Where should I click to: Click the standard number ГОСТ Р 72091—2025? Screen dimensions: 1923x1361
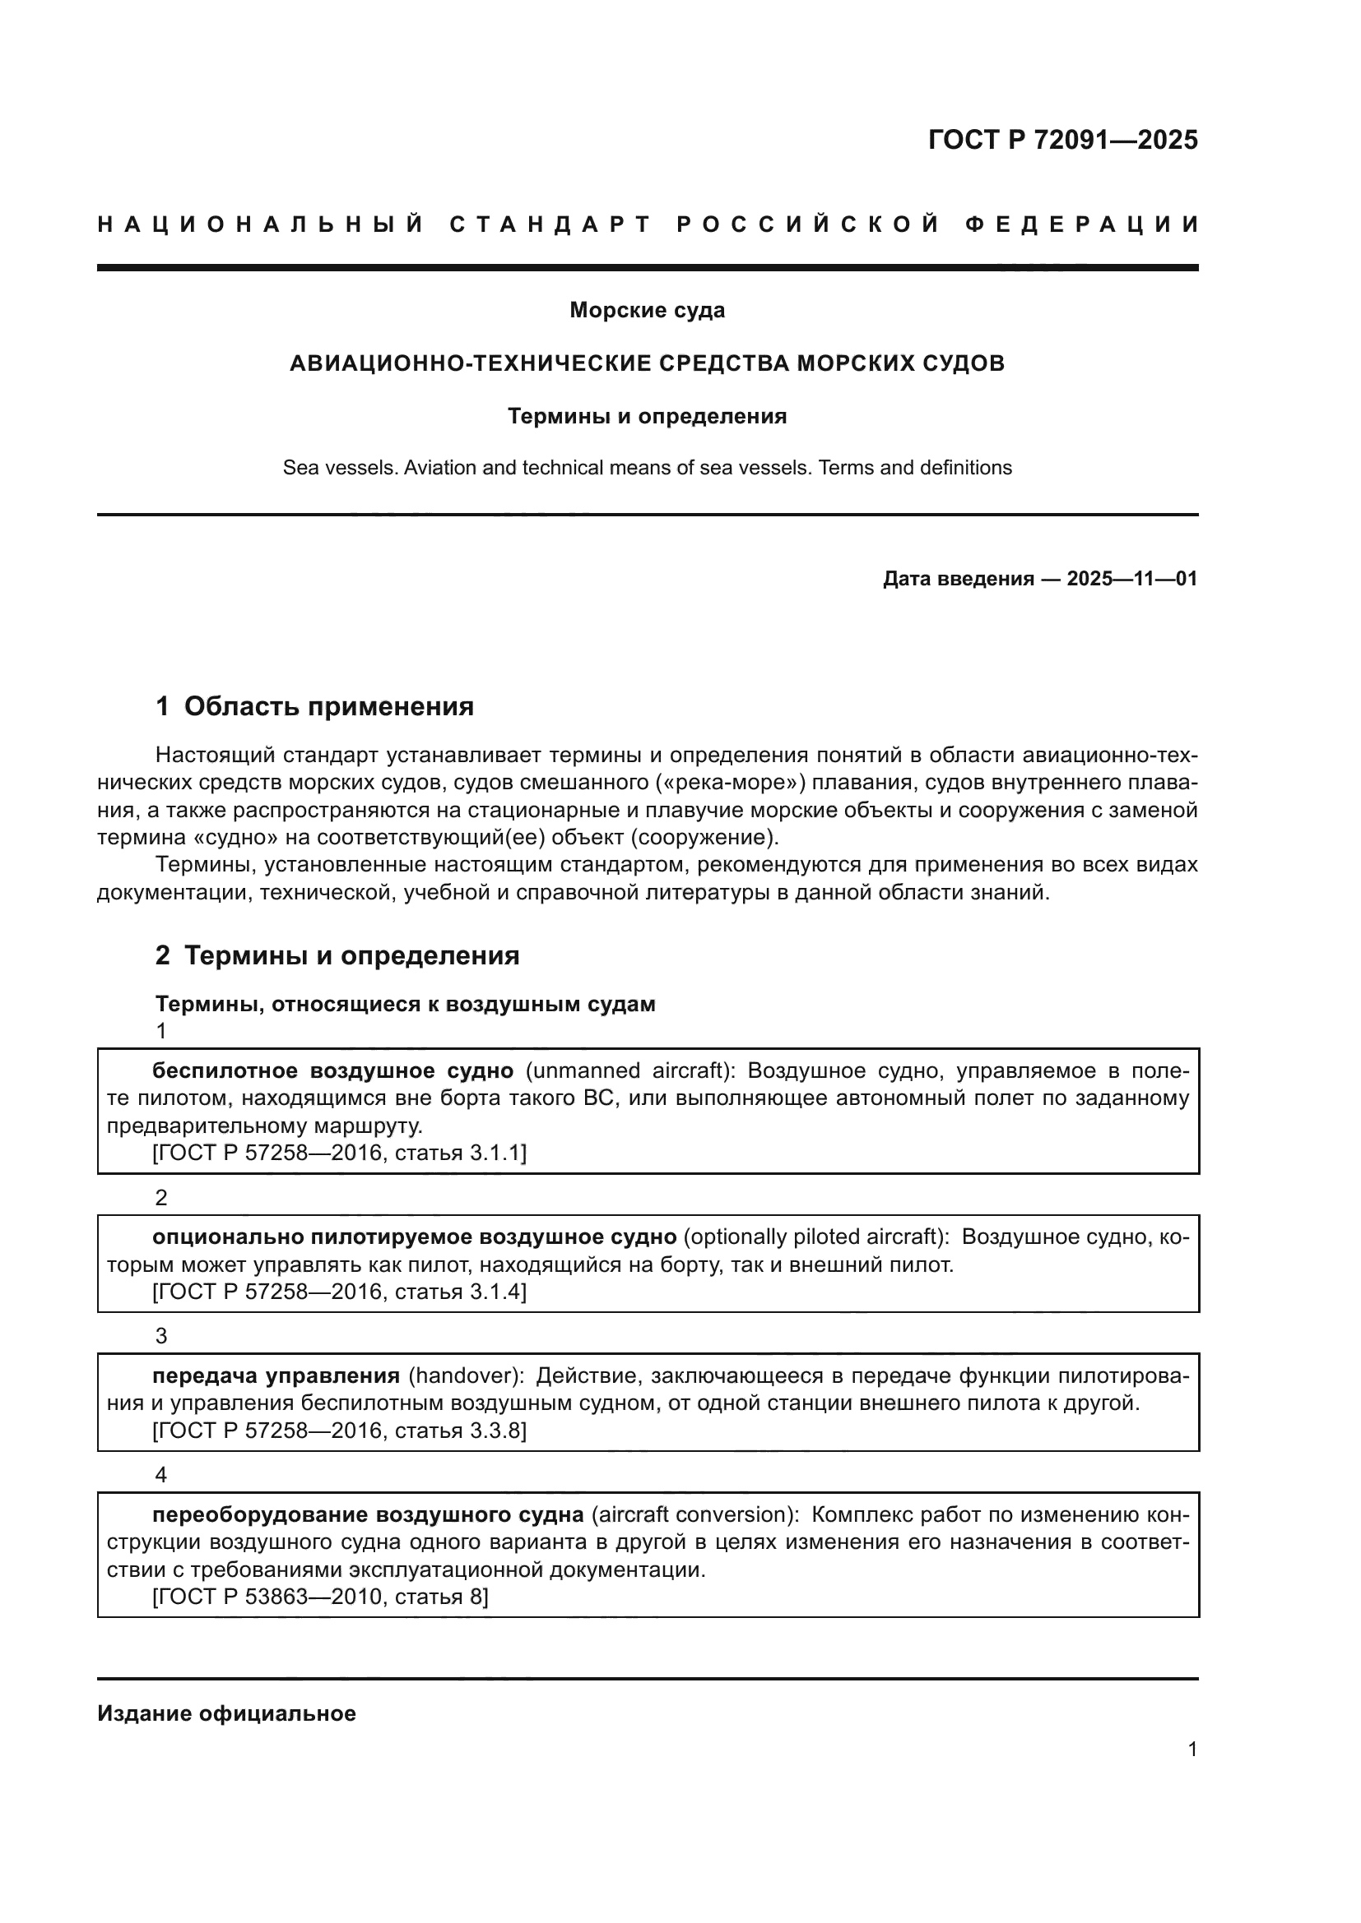1061,140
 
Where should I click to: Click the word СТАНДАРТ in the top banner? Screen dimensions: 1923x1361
550,224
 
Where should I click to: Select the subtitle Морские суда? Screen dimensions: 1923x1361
647,310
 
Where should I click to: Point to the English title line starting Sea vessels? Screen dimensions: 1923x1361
647,467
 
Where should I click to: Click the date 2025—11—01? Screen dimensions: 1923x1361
1131,579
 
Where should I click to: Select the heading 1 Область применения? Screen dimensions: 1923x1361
314,706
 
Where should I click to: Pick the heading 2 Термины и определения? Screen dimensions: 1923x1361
337,955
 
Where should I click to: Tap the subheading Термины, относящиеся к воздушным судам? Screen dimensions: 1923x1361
405,1004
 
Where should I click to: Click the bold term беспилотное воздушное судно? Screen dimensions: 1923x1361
332,1071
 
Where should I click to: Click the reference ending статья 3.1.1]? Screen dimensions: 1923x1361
338,1153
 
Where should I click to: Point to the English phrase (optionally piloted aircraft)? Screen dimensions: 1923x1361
817,1237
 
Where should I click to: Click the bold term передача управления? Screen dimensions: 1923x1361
276,1376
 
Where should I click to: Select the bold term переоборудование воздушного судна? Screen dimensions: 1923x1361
368,1515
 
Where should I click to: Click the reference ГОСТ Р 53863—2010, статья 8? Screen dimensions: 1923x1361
320,1597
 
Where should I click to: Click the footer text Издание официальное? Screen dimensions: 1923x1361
226,1713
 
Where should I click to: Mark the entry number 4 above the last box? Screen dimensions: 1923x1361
161,1475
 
